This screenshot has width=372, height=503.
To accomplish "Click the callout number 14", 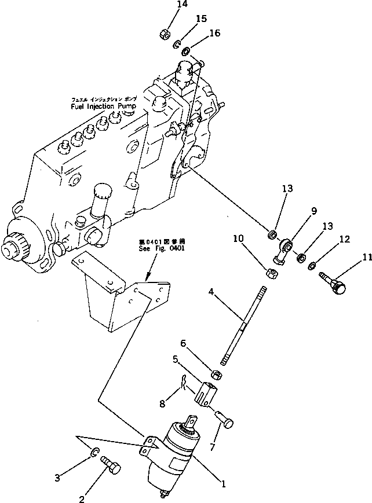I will (166, 5).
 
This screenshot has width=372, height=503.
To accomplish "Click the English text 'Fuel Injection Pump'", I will (103, 107).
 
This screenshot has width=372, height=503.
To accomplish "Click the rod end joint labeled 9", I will (286, 249).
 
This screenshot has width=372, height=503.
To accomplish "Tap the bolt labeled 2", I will (111, 463).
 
